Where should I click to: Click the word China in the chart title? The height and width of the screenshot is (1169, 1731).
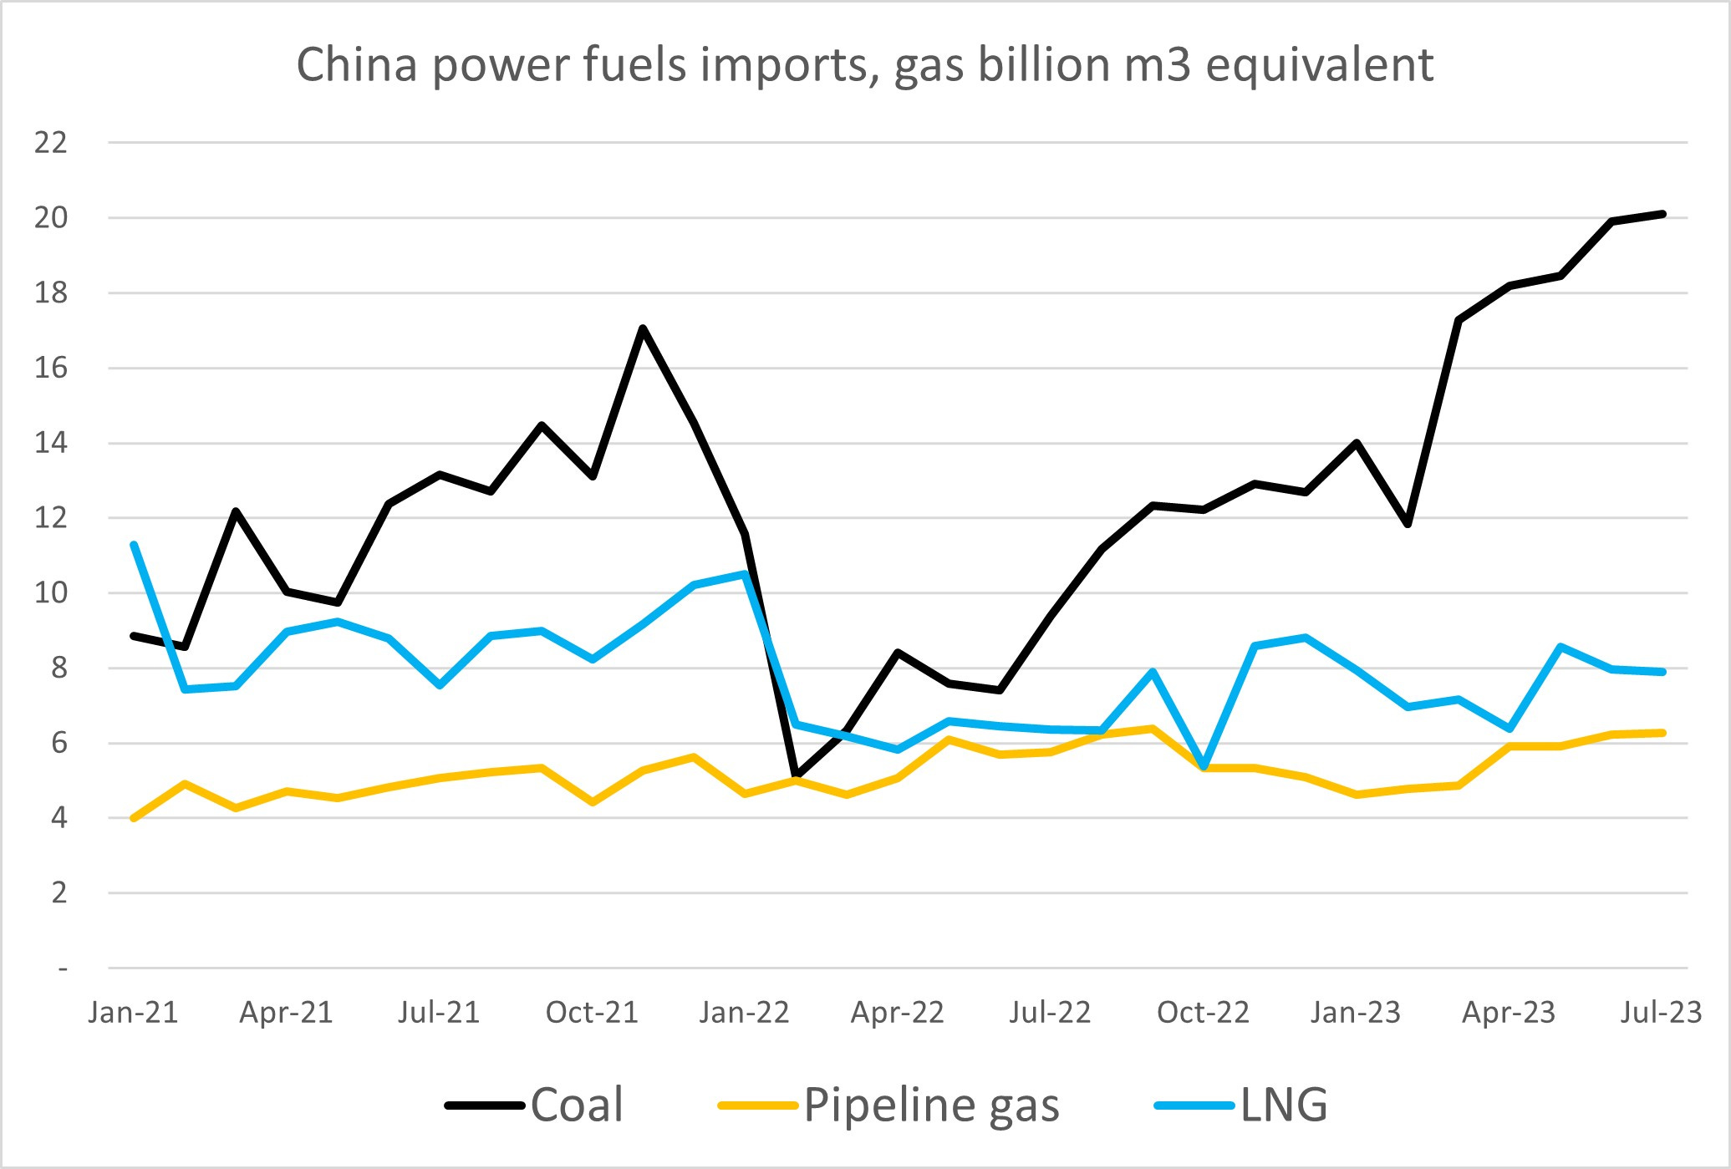[356, 65]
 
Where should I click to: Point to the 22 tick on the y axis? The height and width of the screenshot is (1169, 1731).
[50, 143]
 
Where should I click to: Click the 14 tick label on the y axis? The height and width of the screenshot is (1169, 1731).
[50, 443]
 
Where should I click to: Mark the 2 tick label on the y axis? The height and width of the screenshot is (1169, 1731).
[59, 893]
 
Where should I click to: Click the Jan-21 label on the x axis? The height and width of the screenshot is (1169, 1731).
[134, 1013]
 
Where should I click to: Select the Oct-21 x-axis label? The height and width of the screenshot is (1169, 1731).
[592, 1013]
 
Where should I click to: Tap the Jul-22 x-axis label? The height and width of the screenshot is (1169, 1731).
[1050, 1013]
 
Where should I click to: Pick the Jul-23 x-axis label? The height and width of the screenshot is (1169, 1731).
[1661, 1013]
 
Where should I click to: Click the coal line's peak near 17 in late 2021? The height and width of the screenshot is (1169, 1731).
[642, 328]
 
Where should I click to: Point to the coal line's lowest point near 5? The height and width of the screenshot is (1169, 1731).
[796, 776]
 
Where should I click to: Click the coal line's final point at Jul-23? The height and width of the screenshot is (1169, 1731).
[1662, 214]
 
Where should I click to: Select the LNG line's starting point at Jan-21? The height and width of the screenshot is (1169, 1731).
[134, 545]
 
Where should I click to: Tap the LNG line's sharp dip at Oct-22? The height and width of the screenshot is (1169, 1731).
[1204, 765]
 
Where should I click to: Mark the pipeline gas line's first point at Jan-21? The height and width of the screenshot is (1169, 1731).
[134, 818]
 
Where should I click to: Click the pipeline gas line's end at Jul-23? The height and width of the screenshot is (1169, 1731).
[1662, 733]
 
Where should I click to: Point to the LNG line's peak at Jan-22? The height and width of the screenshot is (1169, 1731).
[744, 574]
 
